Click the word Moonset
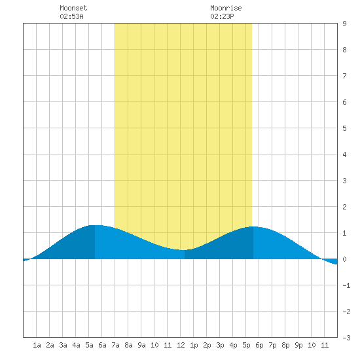[x=73, y=8]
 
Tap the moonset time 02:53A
[x=71, y=16]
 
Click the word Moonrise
[x=226, y=8]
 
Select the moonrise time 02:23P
[x=223, y=16]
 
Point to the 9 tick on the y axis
[x=344, y=24]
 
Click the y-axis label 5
[x=344, y=128]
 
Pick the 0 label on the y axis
[x=344, y=259]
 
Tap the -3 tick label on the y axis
[x=347, y=338]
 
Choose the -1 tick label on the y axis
[x=347, y=285]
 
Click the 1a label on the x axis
[x=37, y=345]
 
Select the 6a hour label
[x=102, y=345]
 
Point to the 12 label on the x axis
[x=181, y=345]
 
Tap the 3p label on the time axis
[x=220, y=345]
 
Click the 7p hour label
[x=272, y=345]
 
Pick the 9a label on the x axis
[x=141, y=345]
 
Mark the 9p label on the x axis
[x=298, y=345]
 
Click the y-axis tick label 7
[x=344, y=76]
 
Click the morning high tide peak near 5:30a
[x=95, y=225]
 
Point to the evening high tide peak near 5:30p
[x=253, y=227]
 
